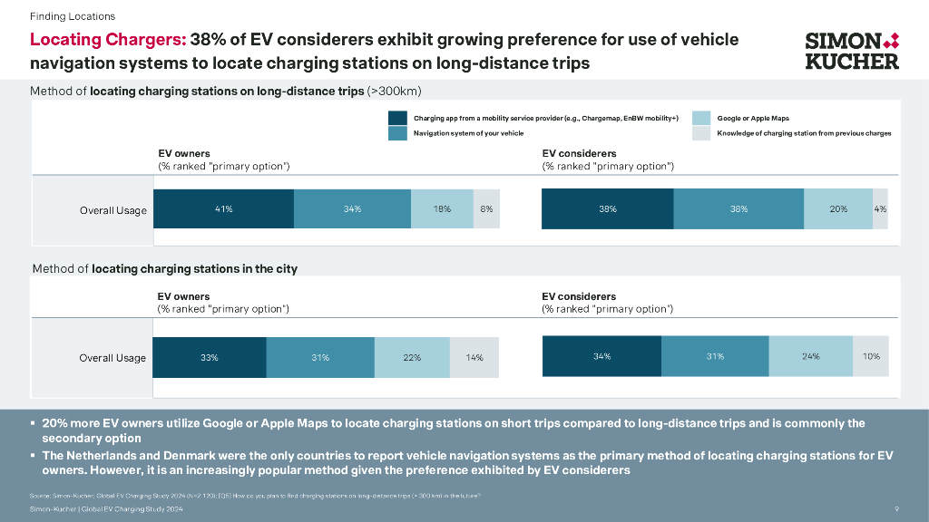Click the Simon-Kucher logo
pos(852,51)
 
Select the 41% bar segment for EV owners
pos(223,209)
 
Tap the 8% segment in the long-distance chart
pos(487,209)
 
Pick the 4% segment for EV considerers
pos(880,209)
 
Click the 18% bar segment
pos(443,209)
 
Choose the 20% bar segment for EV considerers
pos(838,209)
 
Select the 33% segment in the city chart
pos(210,357)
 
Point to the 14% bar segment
pos(474,357)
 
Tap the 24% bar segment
pos(811,356)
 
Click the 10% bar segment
pos(871,356)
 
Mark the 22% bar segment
pos(412,357)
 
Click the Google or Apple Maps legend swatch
pos(700,118)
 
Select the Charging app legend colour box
pos(397,118)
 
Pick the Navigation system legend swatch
pos(397,133)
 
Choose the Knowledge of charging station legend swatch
pos(700,133)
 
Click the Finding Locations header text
pos(73,16)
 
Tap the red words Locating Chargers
pos(108,40)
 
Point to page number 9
pos(896,509)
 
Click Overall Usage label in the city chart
pos(112,358)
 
